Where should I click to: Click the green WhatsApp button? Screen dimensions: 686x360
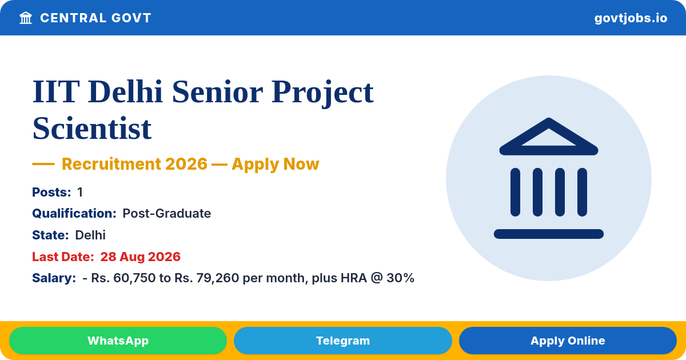click(x=118, y=341)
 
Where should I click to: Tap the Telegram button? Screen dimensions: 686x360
click(x=342, y=341)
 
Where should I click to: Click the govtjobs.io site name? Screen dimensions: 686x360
click(x=631, y=18)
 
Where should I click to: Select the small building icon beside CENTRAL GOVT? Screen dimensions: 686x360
click(x=26, y=18)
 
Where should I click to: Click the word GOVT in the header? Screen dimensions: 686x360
click(x=131, y=18)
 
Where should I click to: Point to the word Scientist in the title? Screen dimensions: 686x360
click(x=92, y=128)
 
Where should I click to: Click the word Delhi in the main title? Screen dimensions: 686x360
click(x=125, y=91)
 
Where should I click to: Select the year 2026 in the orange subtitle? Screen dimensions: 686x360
click(x=186, y=164)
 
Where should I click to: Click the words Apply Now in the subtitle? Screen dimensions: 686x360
click(x=276, y=164)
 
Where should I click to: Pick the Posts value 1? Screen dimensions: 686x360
click(x=80, y=192)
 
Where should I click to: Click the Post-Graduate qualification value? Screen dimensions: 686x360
click(x=166, y=213)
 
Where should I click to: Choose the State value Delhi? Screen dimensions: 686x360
click(x=90, y=235)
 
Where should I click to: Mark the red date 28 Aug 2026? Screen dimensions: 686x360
click(x=140, y=257)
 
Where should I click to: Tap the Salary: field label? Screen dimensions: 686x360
click(x=54, y=278)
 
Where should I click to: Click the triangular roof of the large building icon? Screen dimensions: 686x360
click(x=548, y=137)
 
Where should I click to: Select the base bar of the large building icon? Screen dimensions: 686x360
click(x=548, y=234)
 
